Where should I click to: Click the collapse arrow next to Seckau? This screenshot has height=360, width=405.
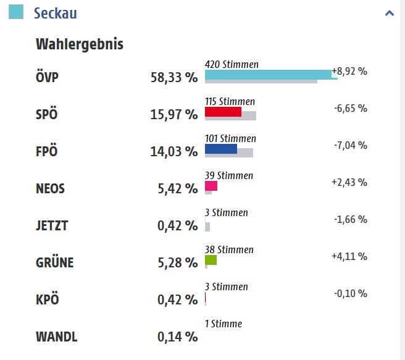pos(389,13)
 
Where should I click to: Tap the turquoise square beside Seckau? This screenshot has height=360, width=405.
pos(16,12)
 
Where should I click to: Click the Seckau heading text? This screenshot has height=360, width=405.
pos(56,13)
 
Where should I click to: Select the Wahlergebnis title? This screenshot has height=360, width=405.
pos(80,44)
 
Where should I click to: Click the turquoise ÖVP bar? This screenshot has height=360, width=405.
pos(268,75)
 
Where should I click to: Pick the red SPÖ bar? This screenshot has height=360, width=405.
pos(223,112)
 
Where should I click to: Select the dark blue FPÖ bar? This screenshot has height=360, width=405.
pos(221,149)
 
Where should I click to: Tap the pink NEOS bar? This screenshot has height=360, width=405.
pos(211,186)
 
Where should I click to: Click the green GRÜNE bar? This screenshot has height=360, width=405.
pos(211,260)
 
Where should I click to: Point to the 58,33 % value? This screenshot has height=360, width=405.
pos(174,78)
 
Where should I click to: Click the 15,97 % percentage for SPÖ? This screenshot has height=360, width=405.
pos(174,115)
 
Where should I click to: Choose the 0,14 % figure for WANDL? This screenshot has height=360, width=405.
pos(177,337)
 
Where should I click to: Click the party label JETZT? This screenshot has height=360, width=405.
pos(52,226)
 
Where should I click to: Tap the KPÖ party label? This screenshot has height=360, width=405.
pos(48,300)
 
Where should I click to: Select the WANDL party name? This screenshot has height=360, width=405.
pos(57,337)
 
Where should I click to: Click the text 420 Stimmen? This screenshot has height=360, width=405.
pos(232,64)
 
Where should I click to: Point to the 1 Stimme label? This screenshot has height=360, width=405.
pos(223,324)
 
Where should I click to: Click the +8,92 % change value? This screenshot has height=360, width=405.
pos(349,71)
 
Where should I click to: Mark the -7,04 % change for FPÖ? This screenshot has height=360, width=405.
pos(350,145)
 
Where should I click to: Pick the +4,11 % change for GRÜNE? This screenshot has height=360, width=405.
pos(349,256)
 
